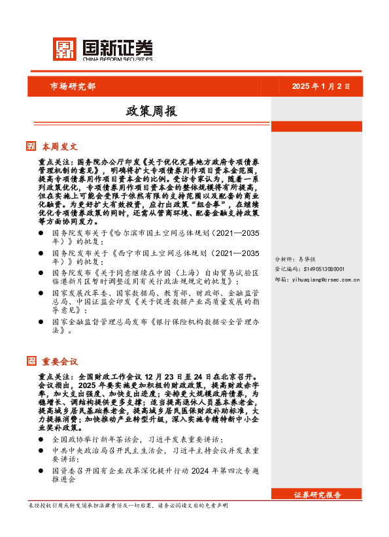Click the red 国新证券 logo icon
64,49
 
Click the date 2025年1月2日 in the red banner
320,86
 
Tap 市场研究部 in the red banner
73,86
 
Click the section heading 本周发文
60,146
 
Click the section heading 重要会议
60,361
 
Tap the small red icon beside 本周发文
31,146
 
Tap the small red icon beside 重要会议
31,361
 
